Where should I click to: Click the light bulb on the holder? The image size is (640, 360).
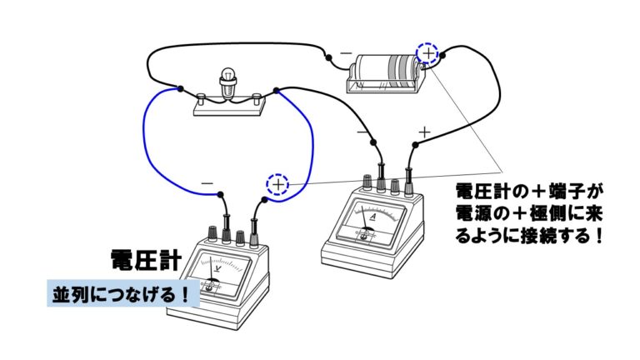228,80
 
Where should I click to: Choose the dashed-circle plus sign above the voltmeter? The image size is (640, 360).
277,183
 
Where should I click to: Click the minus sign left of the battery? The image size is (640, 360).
345,53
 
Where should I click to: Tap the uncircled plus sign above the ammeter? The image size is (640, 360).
424,132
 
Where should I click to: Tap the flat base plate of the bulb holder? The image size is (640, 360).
229,106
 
